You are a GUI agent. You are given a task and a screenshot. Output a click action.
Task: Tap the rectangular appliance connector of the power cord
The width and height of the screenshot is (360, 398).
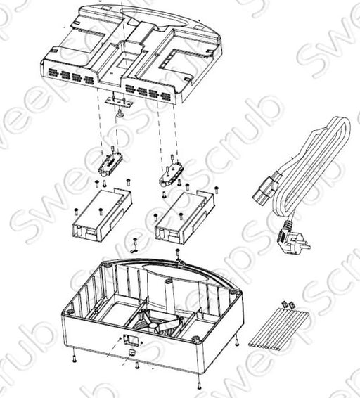click(x=264, y=190)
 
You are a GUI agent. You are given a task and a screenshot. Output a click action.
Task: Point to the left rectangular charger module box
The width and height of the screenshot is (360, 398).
click(x=101, y=215)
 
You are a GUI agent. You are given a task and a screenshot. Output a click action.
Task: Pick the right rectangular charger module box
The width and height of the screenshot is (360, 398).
click(x=184, y=218)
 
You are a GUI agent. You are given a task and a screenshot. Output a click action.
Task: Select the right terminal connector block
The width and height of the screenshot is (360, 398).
click(x=172, y=172)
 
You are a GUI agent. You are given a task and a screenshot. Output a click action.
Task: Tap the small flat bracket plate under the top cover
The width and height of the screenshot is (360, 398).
click(x=120, y=101)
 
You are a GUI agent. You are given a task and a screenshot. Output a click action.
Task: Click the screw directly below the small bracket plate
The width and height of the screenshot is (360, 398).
click(x=120, y=113)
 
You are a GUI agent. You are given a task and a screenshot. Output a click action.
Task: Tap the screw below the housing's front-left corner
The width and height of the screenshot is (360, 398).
click(x=74, y=359)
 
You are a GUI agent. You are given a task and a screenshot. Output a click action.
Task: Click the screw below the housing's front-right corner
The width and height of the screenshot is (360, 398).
click(x=199, y=385)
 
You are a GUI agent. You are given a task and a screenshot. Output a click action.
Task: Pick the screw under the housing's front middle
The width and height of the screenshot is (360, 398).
click(x=137, y=365)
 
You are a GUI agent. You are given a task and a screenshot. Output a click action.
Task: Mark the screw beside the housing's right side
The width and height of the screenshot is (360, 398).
click(x=237, y=342)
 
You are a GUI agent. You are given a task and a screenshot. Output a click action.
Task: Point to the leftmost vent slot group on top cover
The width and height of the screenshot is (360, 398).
click(x=53, y=72)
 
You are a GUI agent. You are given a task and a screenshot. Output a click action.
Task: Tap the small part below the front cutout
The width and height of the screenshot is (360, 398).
click(x=131, y=352)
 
